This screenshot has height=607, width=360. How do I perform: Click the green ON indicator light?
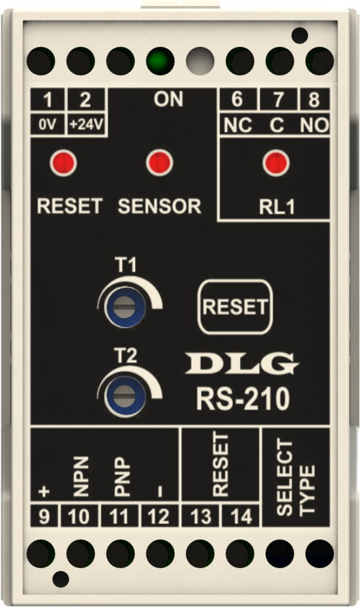coord(160,61)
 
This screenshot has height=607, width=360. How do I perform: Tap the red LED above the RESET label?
coord(63,162)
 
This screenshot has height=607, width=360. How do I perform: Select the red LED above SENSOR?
coord(160,162)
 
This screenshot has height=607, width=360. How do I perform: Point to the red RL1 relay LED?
coord(276,162)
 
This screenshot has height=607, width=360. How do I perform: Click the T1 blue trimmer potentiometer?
coord(125,307)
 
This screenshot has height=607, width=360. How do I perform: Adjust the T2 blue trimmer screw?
coord(125,397)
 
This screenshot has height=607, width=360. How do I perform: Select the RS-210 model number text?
coord(243,399)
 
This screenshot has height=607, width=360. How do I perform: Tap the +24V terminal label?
coord(86,125)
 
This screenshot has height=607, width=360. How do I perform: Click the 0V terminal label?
coord(47,125)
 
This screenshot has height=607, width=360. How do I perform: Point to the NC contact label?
coord(238,125)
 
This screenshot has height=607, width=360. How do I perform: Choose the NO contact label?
coord(315,125)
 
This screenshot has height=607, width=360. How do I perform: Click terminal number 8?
coord(314,99)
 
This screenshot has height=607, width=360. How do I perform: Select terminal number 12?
coord(158,517)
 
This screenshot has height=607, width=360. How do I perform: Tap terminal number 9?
coord(44,517)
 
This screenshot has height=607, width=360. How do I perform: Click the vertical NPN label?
coord(81,476)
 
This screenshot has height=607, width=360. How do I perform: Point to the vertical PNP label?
coord(122,476)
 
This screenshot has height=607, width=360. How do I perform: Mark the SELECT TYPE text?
coord(296,477)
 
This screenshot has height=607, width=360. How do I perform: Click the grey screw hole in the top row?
coord(200,61)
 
